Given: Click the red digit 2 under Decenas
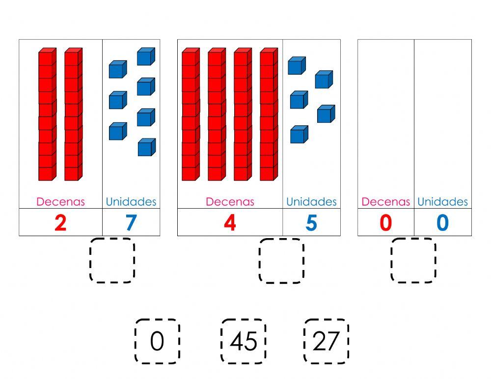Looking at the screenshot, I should (x=60, y=223).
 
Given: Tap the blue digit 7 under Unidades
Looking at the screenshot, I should (x=131, y=223).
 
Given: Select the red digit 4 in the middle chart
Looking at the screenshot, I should (x=230, y=223).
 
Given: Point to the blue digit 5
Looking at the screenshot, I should (x=311, y=223).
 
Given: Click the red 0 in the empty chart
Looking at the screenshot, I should (x=386, y=223).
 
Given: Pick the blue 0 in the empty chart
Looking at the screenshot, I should (x=442, y=223).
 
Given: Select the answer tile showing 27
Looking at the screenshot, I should (x=326, y=341).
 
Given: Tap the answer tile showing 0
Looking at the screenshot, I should (x=157, y=341).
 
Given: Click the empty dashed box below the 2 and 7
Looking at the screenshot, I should (x=112, y=260).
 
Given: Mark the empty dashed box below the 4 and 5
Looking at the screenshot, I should (x=281, y=260).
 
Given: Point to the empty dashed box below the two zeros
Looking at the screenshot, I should (x=413, y=260).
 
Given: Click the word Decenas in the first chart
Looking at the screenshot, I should (x=60, y=202).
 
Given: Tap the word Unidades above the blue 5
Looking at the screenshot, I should (x=311, y=202).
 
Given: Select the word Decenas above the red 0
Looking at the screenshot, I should (x=385, y=202).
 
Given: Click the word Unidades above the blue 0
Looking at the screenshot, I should (x=442, y=202).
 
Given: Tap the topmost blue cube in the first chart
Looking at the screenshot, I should (x=146, y=56).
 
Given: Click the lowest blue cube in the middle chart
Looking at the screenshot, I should (x=299, y=135).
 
